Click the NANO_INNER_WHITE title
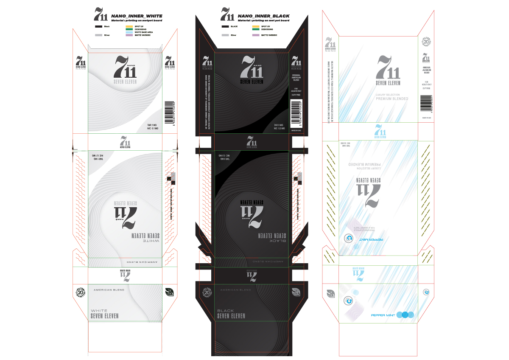(137, 16)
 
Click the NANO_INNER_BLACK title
(264, 16)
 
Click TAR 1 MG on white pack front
(152, 125)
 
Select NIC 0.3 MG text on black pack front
(279, 128)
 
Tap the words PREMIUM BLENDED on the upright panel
(392, 98)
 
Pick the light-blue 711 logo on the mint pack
(380, 131)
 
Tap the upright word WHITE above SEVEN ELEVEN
(99, 311)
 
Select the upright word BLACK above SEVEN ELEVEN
(225, 311)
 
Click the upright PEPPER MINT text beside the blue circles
(383, 315)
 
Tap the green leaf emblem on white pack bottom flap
(170, 292)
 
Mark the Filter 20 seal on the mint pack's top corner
(426, 42)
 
